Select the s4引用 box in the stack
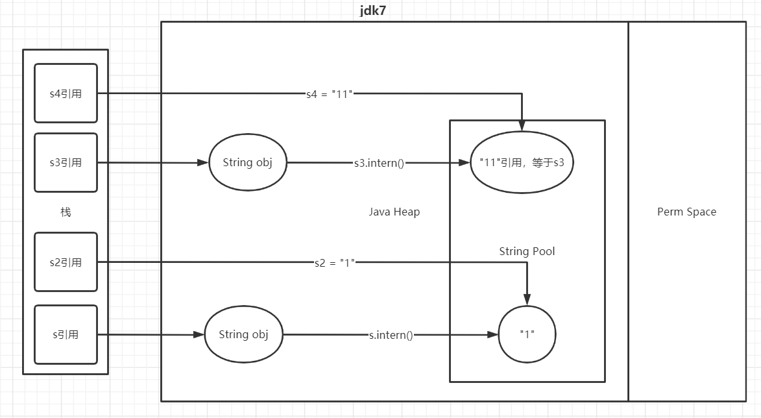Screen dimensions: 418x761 66,93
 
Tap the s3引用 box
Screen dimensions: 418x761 66,162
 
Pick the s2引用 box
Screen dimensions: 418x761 66,262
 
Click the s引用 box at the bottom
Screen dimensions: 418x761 66,335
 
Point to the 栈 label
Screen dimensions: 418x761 66,212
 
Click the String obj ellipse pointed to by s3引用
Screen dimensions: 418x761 247,162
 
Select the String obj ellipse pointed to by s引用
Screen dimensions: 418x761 243,335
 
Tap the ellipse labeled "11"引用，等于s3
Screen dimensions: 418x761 526,163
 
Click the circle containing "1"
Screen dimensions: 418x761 527,334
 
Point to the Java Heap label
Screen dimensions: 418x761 394,212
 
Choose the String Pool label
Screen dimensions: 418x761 527,251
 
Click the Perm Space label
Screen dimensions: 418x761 686,212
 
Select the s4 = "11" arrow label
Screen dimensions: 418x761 330,93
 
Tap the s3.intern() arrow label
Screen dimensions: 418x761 379,163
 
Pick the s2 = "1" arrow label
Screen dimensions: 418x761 332,263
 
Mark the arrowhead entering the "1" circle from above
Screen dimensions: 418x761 527,300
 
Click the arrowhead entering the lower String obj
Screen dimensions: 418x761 199,335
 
